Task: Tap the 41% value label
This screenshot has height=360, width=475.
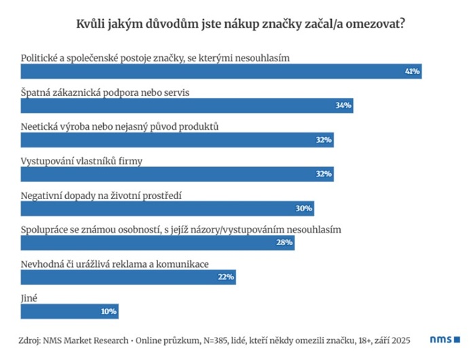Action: click(412, 71)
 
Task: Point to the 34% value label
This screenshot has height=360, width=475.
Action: click(343, 106)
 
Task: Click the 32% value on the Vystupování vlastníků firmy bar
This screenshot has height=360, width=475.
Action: click(324, 174)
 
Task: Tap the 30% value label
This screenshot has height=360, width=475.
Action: click(304, 209)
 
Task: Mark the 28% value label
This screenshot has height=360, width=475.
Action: click(284, 242)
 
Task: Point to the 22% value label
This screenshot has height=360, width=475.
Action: click(226, 277)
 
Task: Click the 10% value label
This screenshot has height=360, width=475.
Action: click(109, 311)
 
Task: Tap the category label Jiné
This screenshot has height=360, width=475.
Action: click(29, 297)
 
